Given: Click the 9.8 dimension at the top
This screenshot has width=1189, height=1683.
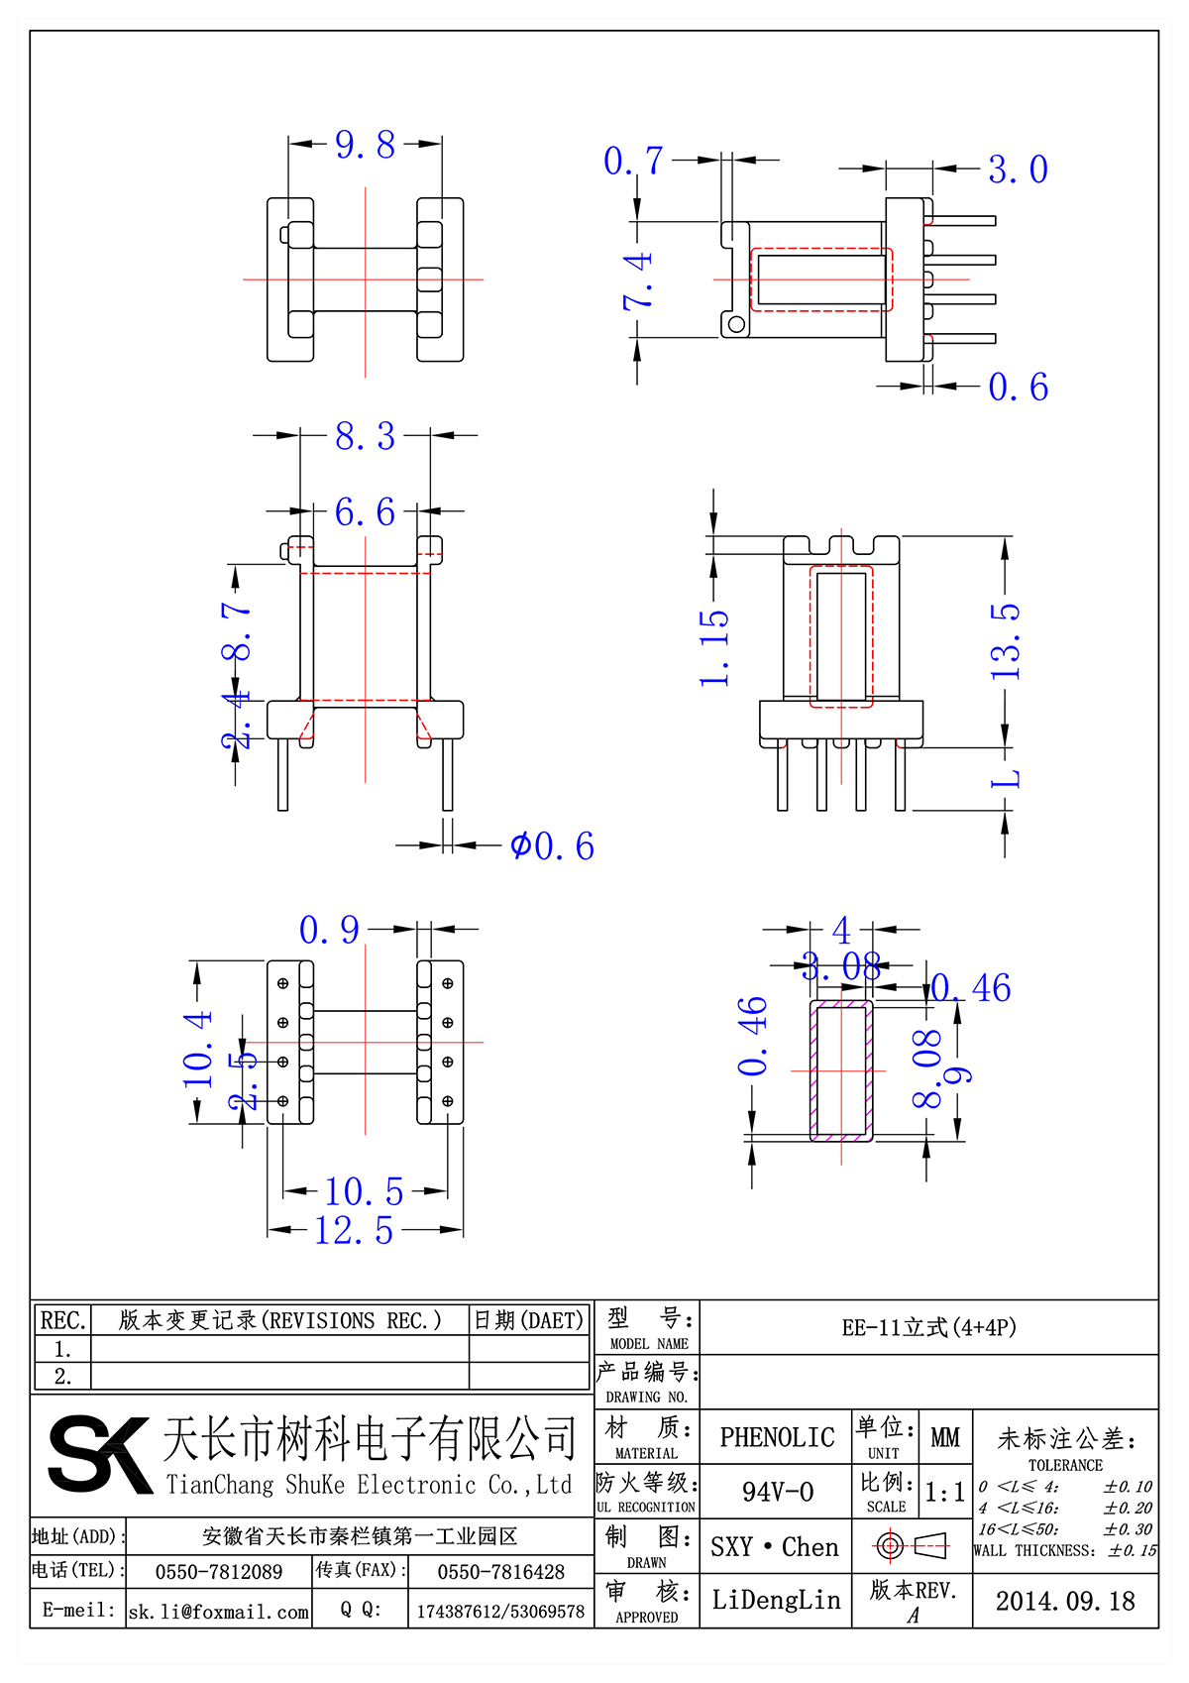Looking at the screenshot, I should pyautogui.click(x=365, y=146).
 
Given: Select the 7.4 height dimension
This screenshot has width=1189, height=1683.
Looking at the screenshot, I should pyautogui.click(x=638, y=280).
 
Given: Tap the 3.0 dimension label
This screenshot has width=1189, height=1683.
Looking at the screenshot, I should pyautogui.click(x=1018, y=169).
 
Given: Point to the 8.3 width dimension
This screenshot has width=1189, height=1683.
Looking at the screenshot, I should pyautogui.click(x=365, y=436).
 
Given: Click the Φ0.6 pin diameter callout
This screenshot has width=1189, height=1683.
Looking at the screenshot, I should pyautogui.click(x=552, y=846).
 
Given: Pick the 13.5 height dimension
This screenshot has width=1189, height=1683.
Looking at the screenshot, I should pyautogui.click(x=1005, y=641).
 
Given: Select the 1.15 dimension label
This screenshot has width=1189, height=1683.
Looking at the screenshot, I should pyautogui.click(x=714, y=647).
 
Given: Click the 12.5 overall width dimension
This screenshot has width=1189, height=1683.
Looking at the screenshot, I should pyautogui.click(x=354, y=1231).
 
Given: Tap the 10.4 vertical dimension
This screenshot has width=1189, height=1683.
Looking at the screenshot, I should pyautogui.click(x=198, y=1049).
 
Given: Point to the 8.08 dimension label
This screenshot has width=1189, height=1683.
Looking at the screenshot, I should pyautogui.click(x=927, y=1067).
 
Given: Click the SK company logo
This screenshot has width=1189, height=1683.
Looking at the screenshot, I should pyautogui.click(x=99, y=1454).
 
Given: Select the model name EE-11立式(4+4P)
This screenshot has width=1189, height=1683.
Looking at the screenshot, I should pyautogui.click(x=928, y=1327).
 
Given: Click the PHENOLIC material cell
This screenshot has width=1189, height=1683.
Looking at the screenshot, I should pyautogui.click(x=777, y=1437).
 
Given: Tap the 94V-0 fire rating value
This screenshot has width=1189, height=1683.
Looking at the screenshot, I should pyautogui.click(x=777, y=1492).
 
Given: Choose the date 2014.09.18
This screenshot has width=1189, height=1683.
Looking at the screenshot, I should pyautogui.click(x=1065, y=1601).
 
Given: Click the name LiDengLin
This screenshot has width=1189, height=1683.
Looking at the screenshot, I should pyautogui.click(x=776, y=1600).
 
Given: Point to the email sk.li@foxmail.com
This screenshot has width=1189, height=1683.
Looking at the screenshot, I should pyautogui.click(x=219, y=1612).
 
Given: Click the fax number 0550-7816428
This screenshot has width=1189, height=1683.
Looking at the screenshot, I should pyautogui.click(x=500, y=1572).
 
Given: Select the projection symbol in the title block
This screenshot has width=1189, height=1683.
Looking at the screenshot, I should pyautogui.click(x=911, y=1545).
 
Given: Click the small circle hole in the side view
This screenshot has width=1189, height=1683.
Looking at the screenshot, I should pyautogui.click(x=735, y=324).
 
